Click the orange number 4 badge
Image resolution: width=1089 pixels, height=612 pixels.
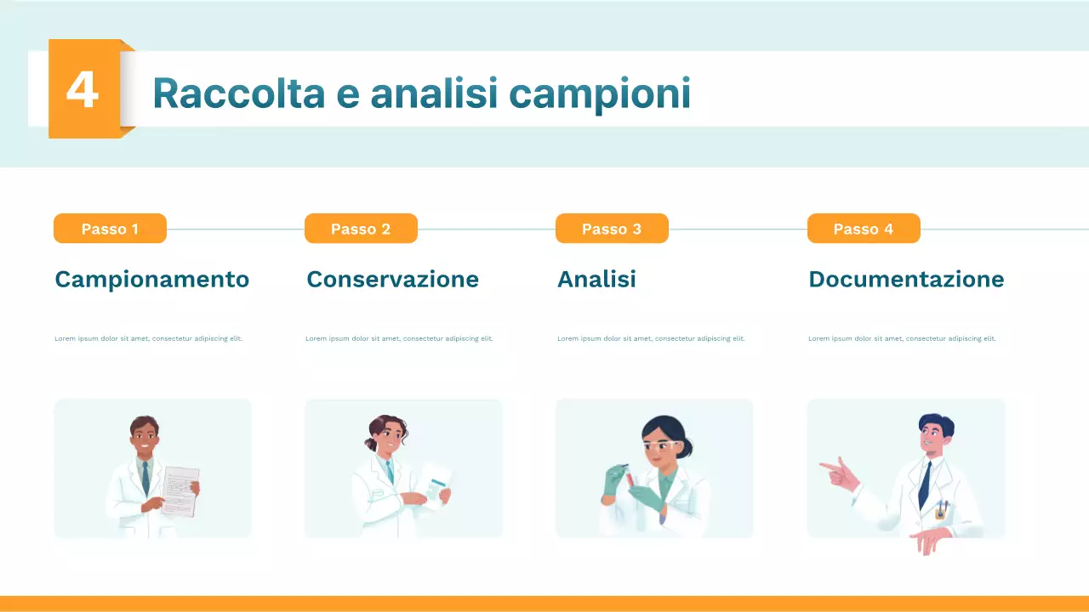(x=83, y=89)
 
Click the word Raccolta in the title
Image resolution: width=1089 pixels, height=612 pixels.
(x=238, y=93)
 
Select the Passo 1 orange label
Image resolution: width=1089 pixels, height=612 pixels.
(x=110, y=229)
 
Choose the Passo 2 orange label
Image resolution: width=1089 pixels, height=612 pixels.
(x=361, y=229)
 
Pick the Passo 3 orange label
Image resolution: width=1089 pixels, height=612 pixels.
(x=612, y=229)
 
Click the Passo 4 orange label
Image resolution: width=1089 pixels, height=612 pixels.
(x=864, y=229)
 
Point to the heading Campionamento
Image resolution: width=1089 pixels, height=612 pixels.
(x=151, y=279)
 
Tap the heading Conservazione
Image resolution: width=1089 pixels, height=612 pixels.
(x=392, y=279)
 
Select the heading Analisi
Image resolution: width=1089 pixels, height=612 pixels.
(x=596, y=279)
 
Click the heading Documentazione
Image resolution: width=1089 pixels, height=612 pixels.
(x=906, y=279)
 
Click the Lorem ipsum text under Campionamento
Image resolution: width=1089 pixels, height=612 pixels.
(x=148, y=338)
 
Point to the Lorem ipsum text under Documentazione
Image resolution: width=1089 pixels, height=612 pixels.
(x=902, y=338)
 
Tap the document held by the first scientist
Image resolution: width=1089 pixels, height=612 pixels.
(x=180, y=490)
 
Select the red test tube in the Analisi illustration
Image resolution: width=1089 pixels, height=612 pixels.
(x=630, y=481)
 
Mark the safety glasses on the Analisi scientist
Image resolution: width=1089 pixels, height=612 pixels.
(x=662, y=445)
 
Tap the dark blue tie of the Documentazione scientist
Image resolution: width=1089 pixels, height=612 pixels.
(x=924, y=484)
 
